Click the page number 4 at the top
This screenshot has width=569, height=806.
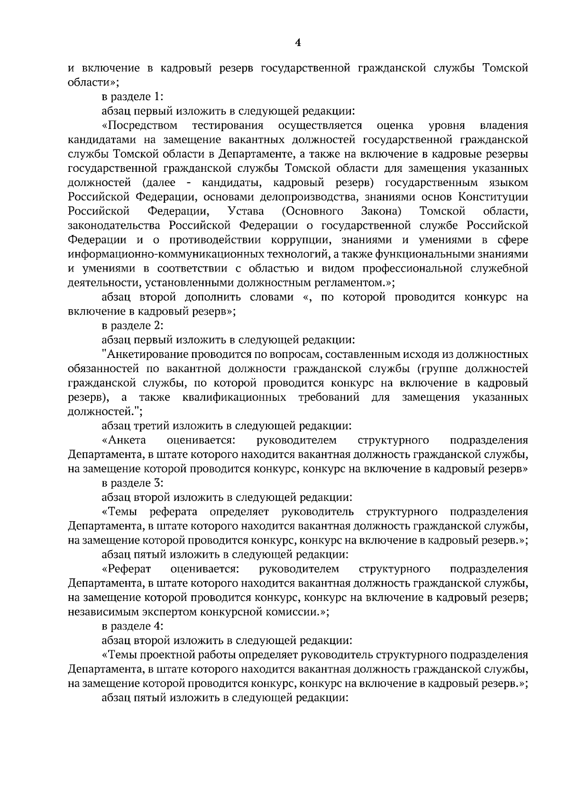[298, 43]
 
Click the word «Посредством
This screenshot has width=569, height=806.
[139, 125]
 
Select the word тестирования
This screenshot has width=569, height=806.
[228, 125]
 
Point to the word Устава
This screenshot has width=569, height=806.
[246, 211]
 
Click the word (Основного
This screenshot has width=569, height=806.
[312, 211]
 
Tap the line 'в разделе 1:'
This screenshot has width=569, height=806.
[133, 96]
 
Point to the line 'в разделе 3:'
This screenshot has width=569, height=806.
[133, 483]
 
